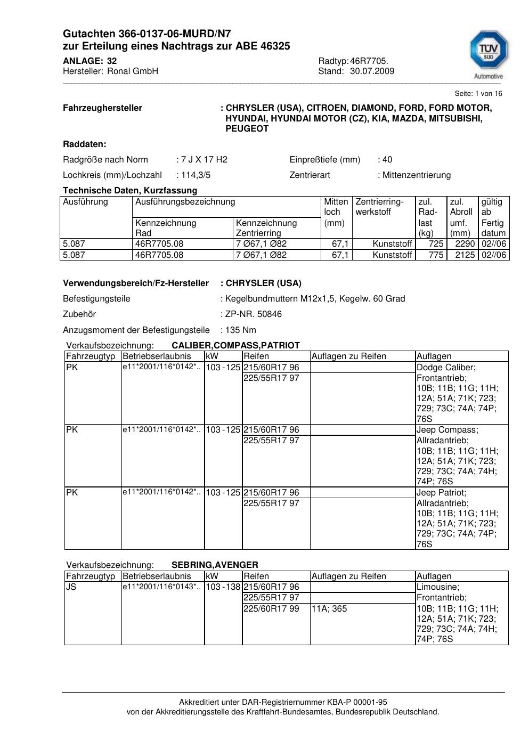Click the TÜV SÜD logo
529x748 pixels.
(488, 52)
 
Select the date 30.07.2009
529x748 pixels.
(372, 71)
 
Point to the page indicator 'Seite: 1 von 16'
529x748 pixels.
(478, 94)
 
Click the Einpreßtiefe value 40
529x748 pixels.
(387, 159)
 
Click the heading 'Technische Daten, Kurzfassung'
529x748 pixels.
(130, 190)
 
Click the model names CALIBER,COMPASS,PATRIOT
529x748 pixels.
(235, 345)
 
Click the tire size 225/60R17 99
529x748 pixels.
(271, 608)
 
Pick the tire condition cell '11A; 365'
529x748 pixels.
(329, 608)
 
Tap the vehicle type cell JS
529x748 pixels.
(71, 587)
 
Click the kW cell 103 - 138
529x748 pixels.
(223, 587)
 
